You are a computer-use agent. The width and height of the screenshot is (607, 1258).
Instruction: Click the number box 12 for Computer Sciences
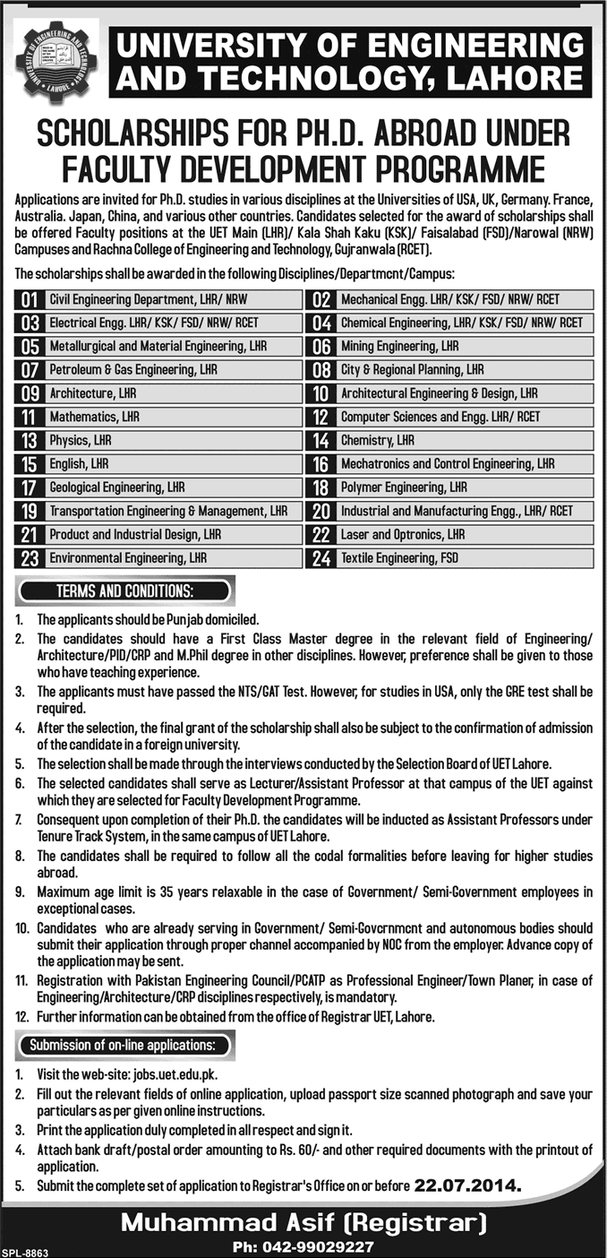(x=319, y=417)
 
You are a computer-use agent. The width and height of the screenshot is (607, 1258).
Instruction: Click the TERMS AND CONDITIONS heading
(x=124, y=591)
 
